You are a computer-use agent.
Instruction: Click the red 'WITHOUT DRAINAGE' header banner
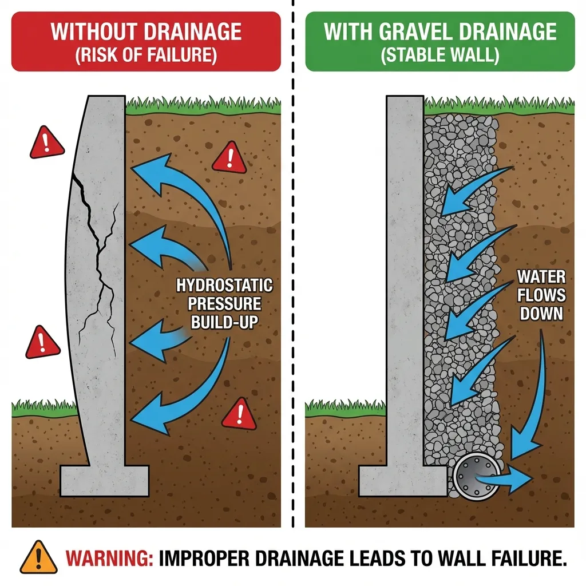click(x=146, y=41)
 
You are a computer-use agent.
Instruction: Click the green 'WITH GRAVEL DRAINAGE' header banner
click(x=439, y=41)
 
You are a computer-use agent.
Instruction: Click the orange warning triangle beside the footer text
click(x=38, y=557)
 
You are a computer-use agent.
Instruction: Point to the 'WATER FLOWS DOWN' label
click(x=541, y=295)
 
